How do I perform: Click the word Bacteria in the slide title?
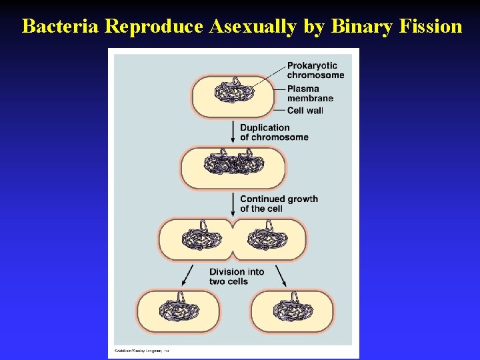[x=61, y=26]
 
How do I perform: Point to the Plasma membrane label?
[x=310, y=93]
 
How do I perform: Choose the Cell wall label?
[x=305, y=110]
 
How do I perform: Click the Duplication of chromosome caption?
[x=274, y=132]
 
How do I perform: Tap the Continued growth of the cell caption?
[x=279, y=203]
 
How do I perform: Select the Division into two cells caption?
[x=237, y=276]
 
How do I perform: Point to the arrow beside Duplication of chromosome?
[x=233, y=131]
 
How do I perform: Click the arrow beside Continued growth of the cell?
[x=233, y=203]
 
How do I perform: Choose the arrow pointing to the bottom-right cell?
[x=281, y=275]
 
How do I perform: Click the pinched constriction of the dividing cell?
[x=233, y=238]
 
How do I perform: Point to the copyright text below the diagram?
[x=141, y=349]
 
